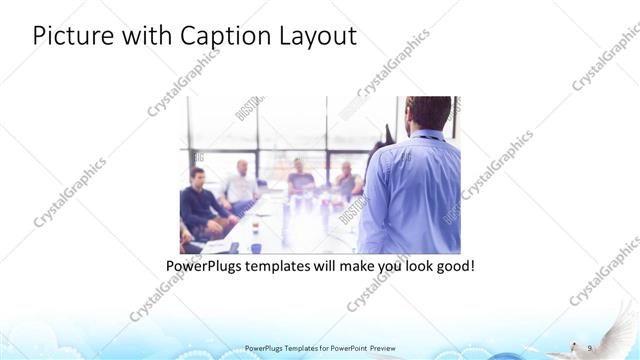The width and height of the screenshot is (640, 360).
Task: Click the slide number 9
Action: tap(590, 346)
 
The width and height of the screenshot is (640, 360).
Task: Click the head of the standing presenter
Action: tap(428, 113)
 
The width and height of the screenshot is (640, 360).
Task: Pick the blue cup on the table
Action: tap(256, 247)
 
